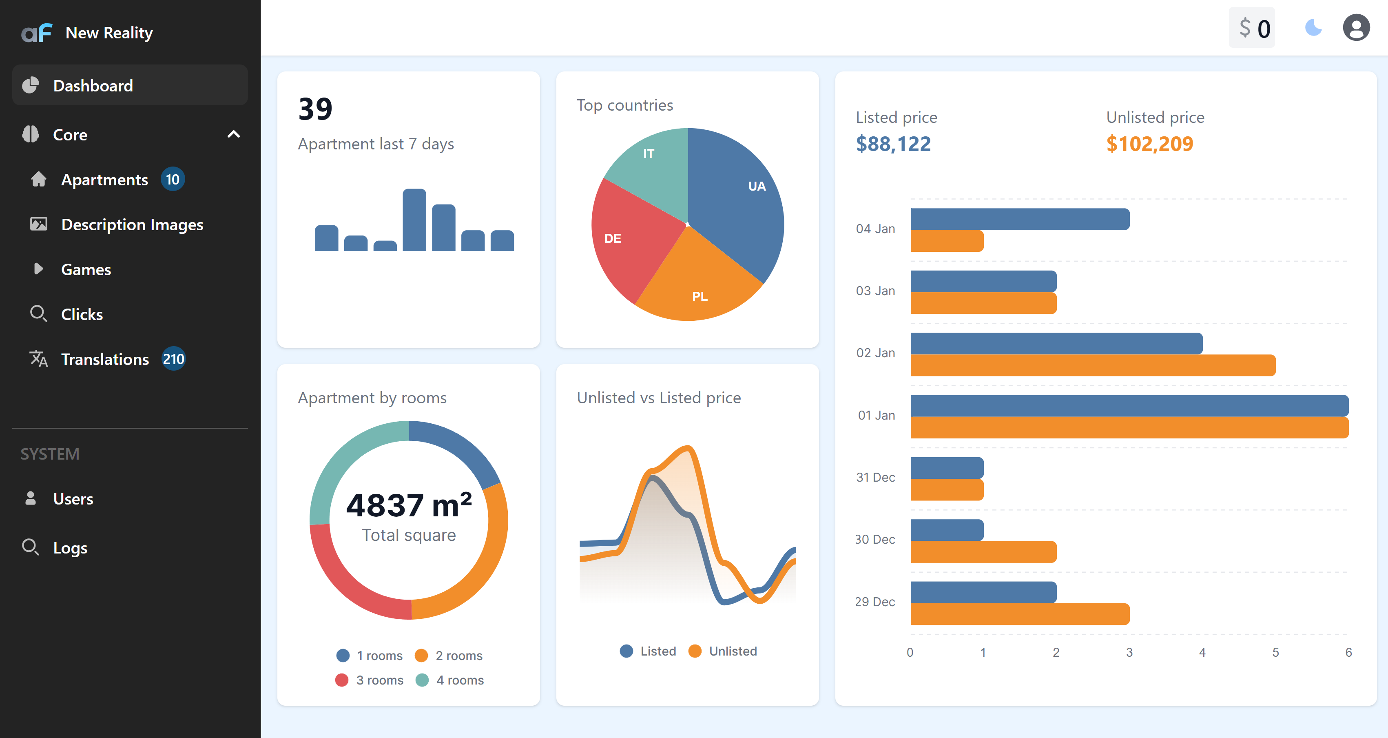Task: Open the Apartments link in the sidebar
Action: [x=104, y=180]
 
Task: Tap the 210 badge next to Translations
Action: [x=173, y=359]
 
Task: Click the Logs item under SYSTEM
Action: [x=70, y=548]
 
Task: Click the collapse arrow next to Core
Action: [x=233, y=134]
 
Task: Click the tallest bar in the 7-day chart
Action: [x=414, y=220]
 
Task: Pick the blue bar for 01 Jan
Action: [x=1129, y=405]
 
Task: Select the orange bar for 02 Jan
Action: [x=1092, y=365]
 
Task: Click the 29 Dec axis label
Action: [x=874, y=602]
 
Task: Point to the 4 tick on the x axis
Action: [x=1202, y=652]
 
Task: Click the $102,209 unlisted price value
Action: [x=1149, y=144]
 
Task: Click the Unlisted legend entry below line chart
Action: [x=723, y=651]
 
